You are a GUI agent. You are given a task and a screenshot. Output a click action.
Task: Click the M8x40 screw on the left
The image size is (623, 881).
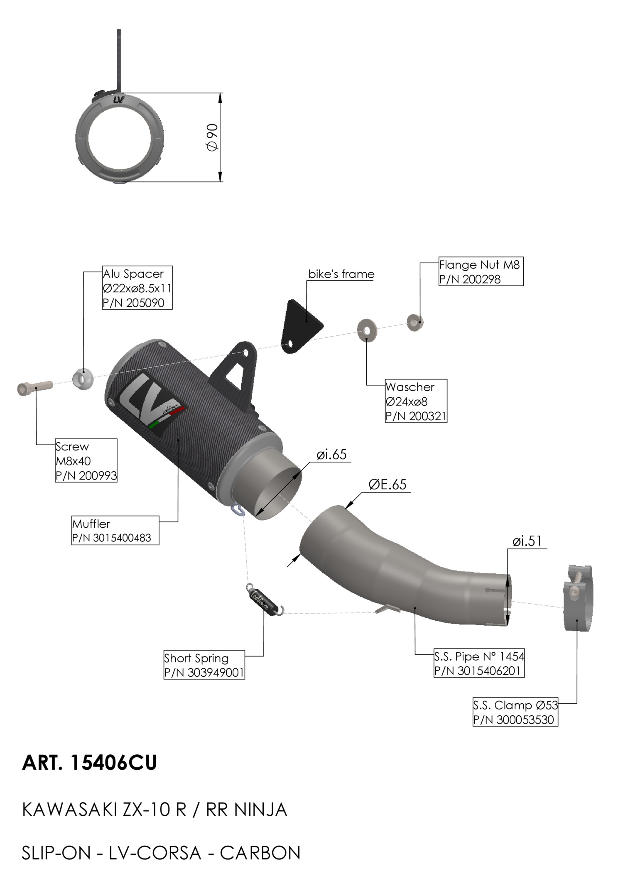click(35, 388)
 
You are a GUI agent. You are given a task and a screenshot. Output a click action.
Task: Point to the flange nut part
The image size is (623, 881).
click(415, 322)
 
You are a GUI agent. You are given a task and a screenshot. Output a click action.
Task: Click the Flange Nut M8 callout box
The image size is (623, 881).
click(481, 272)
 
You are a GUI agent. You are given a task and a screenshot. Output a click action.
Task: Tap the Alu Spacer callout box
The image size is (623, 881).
click(137, 288)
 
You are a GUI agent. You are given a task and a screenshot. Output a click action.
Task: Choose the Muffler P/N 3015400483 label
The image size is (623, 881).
click(115, 530)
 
